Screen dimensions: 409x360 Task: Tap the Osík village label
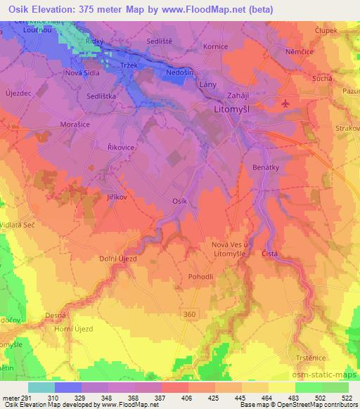180,201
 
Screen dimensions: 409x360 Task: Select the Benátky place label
266,168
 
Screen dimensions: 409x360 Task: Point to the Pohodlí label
200,276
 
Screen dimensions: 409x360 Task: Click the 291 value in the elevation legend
27,398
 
